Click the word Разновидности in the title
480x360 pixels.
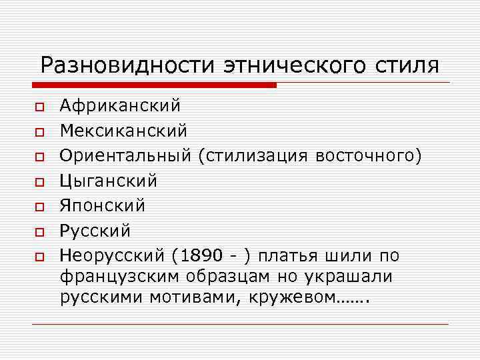(127, 65)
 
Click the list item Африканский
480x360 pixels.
(120, 106)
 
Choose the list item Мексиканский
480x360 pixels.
(123, 131)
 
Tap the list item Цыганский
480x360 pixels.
(109, 181)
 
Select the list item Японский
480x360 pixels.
(102, 205)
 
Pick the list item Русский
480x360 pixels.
(95, 231)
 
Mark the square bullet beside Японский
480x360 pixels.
(39, 206)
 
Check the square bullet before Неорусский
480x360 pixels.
(39, 256)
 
